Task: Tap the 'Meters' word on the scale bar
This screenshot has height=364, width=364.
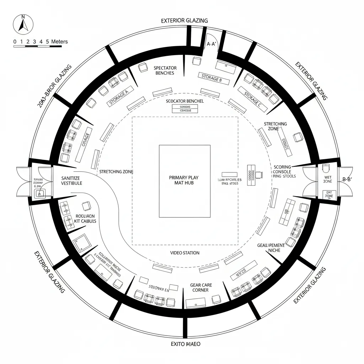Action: [59, 42]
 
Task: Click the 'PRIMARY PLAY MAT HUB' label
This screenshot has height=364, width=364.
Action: [184, 180]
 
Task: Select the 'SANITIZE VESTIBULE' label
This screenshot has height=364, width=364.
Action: [71, 180]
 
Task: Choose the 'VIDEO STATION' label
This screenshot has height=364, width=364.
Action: [184, 253]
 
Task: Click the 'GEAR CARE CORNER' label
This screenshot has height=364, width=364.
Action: [201, 288]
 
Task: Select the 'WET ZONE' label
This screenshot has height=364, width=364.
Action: [328, 180]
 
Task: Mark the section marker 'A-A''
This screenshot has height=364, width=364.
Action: [212, 44]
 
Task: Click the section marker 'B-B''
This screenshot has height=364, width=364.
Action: [347, 180]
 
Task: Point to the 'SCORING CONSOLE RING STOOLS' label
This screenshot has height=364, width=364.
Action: [284, 171]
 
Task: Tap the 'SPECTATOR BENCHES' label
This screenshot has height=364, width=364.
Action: [165, 70]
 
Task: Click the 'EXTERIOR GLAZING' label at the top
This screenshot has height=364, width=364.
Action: [184, 21]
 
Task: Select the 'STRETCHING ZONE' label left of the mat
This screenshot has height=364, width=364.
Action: [116, 172]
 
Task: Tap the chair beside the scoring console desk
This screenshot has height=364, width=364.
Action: [261, 175]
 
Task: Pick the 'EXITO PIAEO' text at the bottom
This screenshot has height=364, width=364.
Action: [185, 344]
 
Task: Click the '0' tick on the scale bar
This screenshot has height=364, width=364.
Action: [15, 42]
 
